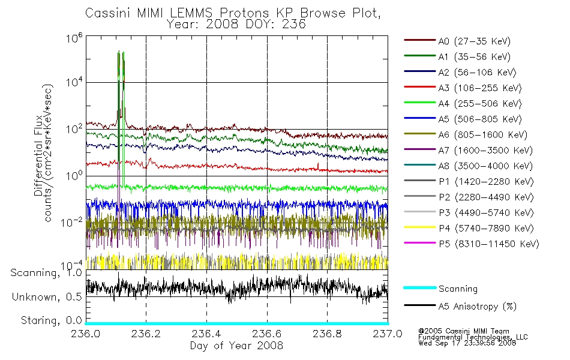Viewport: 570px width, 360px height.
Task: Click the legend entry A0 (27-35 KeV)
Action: (x=475, y=41)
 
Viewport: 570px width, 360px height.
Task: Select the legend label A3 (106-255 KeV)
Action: (x=480, y=88)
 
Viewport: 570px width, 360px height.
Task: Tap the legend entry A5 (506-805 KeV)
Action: (x=480, y=119)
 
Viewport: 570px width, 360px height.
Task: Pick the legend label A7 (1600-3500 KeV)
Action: (x=485, y=151)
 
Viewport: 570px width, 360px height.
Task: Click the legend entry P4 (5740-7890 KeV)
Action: (x=486, y=229)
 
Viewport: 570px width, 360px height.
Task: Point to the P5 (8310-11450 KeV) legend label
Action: (x=489, y=244)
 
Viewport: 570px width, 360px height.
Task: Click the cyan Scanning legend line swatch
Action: (x=420, y=287)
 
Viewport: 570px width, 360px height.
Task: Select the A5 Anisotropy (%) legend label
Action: (x=478, y=307)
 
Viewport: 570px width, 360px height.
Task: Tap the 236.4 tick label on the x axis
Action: (x=206, y=334)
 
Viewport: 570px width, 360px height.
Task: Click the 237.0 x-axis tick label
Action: (x=388, y=334)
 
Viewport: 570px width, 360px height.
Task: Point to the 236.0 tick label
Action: (x=85, y=334)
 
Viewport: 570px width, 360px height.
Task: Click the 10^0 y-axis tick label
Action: (x=74, y=175)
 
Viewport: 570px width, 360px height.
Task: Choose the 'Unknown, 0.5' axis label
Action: (x=47, y=297)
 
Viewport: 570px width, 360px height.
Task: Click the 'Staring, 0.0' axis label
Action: (x=51, y=320)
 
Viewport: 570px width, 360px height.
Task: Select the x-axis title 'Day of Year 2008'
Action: (x=236, y=346)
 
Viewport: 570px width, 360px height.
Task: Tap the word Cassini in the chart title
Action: (x=109, y=13)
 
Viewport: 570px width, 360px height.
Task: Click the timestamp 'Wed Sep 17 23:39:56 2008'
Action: (x=467, y=343)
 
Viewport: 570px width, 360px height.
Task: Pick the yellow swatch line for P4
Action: (x=420, y=227)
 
